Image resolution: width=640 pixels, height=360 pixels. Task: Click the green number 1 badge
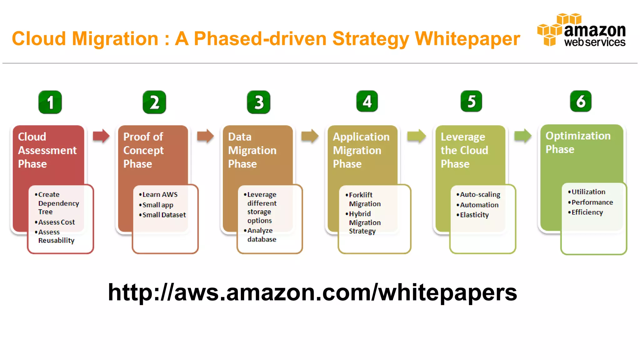coord(50,102)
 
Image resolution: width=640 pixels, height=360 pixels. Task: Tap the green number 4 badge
coord(367,101)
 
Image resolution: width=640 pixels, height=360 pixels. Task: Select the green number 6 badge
coord(581,101)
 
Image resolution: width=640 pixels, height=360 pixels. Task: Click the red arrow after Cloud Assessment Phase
coord(101,136)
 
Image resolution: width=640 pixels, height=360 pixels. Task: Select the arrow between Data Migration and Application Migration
coord(310,136)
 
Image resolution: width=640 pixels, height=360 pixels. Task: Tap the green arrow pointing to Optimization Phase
coord(523,136)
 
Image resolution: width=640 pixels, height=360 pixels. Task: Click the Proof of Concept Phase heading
coord(143,150)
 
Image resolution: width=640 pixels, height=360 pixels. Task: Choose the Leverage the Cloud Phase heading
coord(464,150)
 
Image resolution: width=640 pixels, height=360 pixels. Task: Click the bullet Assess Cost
coord(56,222)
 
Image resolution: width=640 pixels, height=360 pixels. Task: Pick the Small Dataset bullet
coord(164,215)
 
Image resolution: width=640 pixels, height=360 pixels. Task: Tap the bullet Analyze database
coord(261,235)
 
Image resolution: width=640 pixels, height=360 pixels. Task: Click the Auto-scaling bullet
coord(480,195)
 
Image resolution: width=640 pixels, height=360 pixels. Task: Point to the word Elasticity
coord(474,215)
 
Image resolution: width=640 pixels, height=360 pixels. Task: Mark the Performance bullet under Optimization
coord(592,202)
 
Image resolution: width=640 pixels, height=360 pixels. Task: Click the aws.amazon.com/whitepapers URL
coord(312,292)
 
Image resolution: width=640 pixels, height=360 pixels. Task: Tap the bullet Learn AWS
coord(160,195)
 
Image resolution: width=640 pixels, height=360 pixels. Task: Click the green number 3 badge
coord(258,102)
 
